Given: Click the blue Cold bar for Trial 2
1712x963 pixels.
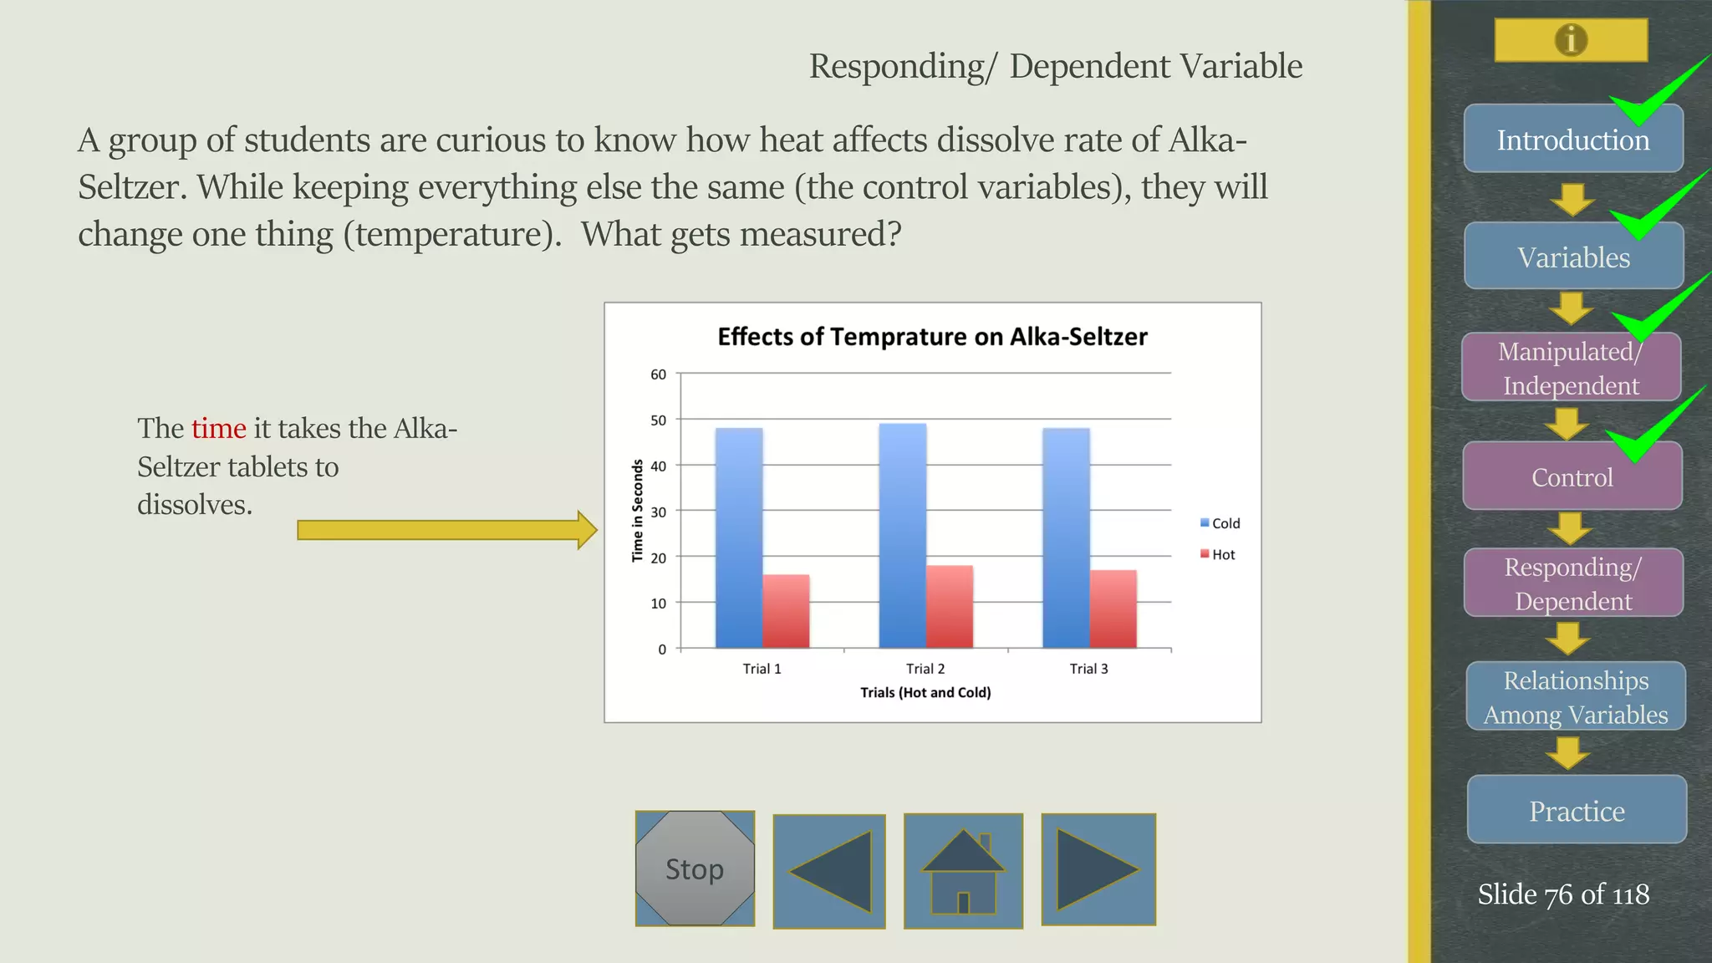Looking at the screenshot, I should pos(902,535).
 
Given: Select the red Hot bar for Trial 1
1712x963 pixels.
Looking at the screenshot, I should pos(786,611).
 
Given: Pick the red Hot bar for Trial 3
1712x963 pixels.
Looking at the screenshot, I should pos(1113,609).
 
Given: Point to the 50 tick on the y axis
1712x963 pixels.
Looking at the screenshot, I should pos(659,420).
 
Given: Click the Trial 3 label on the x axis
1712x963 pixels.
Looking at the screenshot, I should pos(1088,669).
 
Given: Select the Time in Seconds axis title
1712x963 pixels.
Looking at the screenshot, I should pos(638,511).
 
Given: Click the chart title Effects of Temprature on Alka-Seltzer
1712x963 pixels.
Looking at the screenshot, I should pos(932,337).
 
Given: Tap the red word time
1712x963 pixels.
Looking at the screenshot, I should pos(218,429).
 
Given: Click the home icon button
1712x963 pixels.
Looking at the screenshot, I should pos(963,870).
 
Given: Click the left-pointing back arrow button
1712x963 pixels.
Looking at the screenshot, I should pos(829,871).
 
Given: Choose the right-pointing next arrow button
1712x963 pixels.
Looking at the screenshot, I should pos(1098,869).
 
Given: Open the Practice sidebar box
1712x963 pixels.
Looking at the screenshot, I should pos(1577,810).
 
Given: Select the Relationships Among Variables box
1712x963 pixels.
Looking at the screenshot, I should pos(1576,696).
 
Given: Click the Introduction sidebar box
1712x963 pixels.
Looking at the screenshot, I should pos(1573,139).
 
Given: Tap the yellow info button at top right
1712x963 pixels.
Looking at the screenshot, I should pos(1571,40).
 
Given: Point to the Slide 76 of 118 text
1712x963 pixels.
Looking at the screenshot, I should pos(1563,894).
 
